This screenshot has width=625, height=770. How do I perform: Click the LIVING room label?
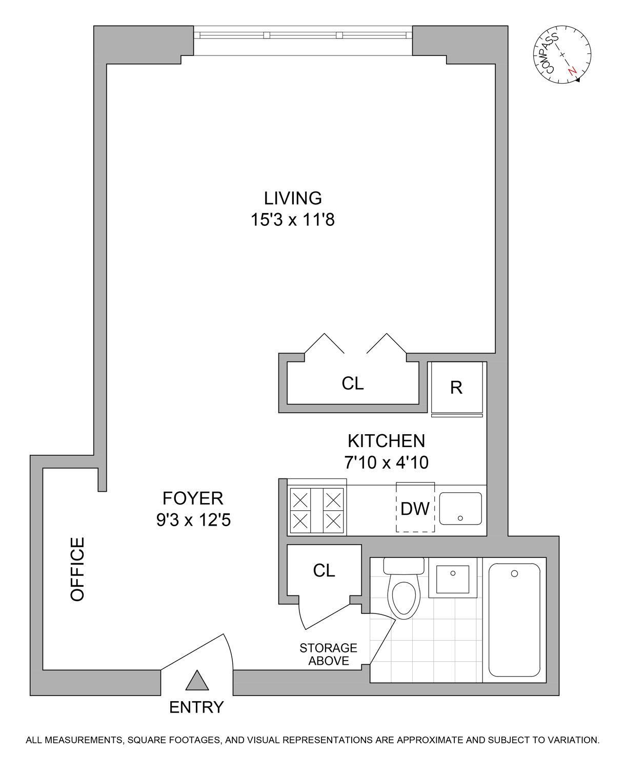point(293,198)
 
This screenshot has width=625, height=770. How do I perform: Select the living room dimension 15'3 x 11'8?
point(292,220)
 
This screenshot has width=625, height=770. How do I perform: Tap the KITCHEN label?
point(386,441)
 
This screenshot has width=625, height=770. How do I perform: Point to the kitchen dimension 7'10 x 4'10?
point(386,463)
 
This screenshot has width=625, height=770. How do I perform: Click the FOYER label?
point(193,498)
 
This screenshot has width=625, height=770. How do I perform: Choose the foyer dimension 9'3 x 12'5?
point(193,521)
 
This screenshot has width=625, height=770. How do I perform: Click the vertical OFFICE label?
point(77,569)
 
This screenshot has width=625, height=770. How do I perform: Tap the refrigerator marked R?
point(456,388)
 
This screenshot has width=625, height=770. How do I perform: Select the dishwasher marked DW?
point(415,509)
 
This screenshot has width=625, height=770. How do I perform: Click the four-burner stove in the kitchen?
point(316,510)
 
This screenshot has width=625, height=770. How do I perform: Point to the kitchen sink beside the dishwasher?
point(460,509)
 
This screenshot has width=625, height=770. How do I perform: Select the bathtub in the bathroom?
point(514,620)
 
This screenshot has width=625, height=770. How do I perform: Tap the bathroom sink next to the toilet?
point(452,579)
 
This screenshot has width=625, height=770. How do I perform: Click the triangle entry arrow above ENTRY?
point(197,682)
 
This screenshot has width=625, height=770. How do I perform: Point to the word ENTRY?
point(196,707)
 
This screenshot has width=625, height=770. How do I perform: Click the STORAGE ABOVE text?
point(328,654)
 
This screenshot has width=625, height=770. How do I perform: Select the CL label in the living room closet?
point(353,383)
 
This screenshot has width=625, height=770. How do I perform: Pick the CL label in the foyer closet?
point(324,570)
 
